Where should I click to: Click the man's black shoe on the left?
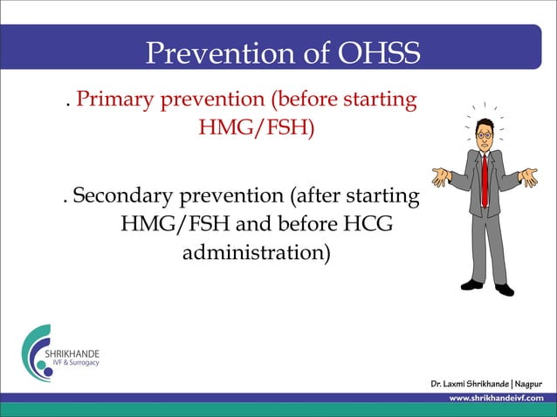tap(472, 284)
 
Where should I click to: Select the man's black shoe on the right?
tap(504, 289)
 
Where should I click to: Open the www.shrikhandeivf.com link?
tap(495, 398)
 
